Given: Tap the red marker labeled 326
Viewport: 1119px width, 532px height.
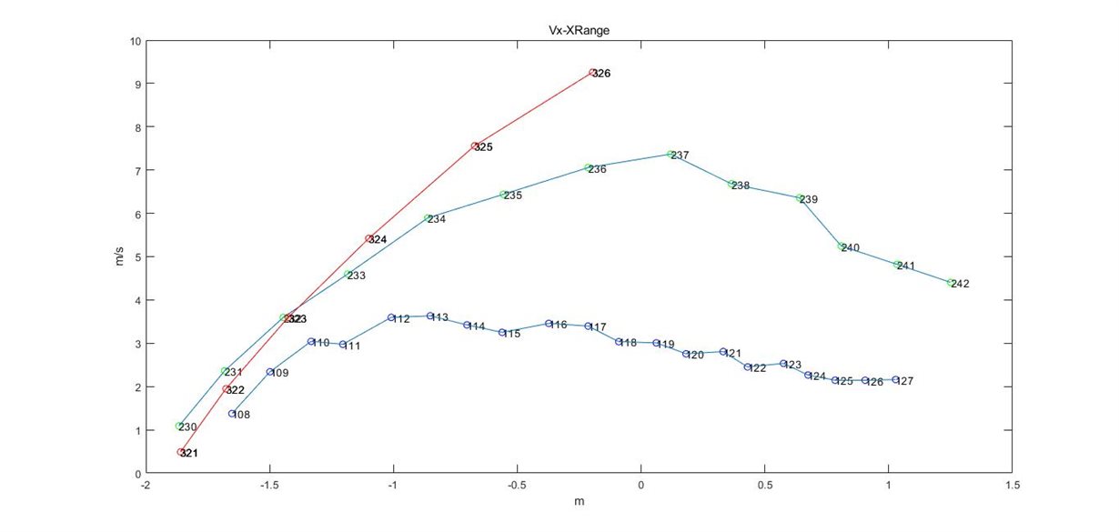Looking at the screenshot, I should point(592,73).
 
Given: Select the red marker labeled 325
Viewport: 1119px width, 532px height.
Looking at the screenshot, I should point(475,146).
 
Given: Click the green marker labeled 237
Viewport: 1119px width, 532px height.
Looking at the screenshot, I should point(670,155).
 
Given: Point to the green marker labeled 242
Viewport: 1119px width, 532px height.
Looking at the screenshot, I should point(950,283).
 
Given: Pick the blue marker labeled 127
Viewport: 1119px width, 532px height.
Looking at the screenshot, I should point(895,380).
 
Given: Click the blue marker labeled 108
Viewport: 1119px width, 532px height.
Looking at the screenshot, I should point(232,414).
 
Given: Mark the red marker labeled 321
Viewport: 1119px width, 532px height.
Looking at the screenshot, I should point(180,452).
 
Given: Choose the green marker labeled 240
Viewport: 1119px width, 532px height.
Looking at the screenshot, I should point(842,246).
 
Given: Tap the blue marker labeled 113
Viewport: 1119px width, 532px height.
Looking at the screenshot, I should point(430,316).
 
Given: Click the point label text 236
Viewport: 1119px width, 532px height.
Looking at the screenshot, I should point(598,170).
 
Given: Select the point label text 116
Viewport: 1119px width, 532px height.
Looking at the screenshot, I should point(559,325).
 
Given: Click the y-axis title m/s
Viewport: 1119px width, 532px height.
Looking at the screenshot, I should point(116,257).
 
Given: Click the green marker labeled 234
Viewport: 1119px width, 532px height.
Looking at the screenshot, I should point(428,218).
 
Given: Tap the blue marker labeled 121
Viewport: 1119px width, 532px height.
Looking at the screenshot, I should point(723,352).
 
